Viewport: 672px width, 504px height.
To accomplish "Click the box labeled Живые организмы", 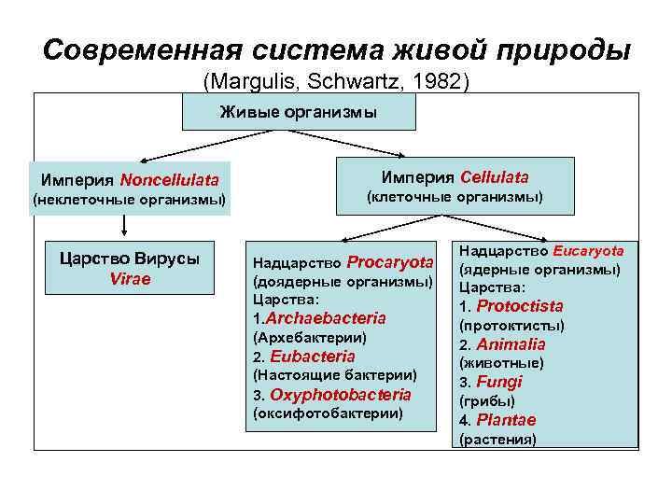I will (298, 113).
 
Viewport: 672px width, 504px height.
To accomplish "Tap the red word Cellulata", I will (494, 176).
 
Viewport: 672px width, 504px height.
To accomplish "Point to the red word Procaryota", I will (390, 262).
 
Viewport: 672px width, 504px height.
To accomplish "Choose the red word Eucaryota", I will (588, 250).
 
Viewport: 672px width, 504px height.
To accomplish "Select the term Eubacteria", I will (313, 357).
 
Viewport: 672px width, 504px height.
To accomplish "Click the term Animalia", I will (511, 344).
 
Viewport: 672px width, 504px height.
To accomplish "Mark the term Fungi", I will (499, 382).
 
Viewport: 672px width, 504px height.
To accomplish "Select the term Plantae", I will (506, 420).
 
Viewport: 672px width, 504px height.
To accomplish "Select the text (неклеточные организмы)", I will (129, 200).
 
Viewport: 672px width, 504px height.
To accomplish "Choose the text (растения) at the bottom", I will (497, 439).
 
